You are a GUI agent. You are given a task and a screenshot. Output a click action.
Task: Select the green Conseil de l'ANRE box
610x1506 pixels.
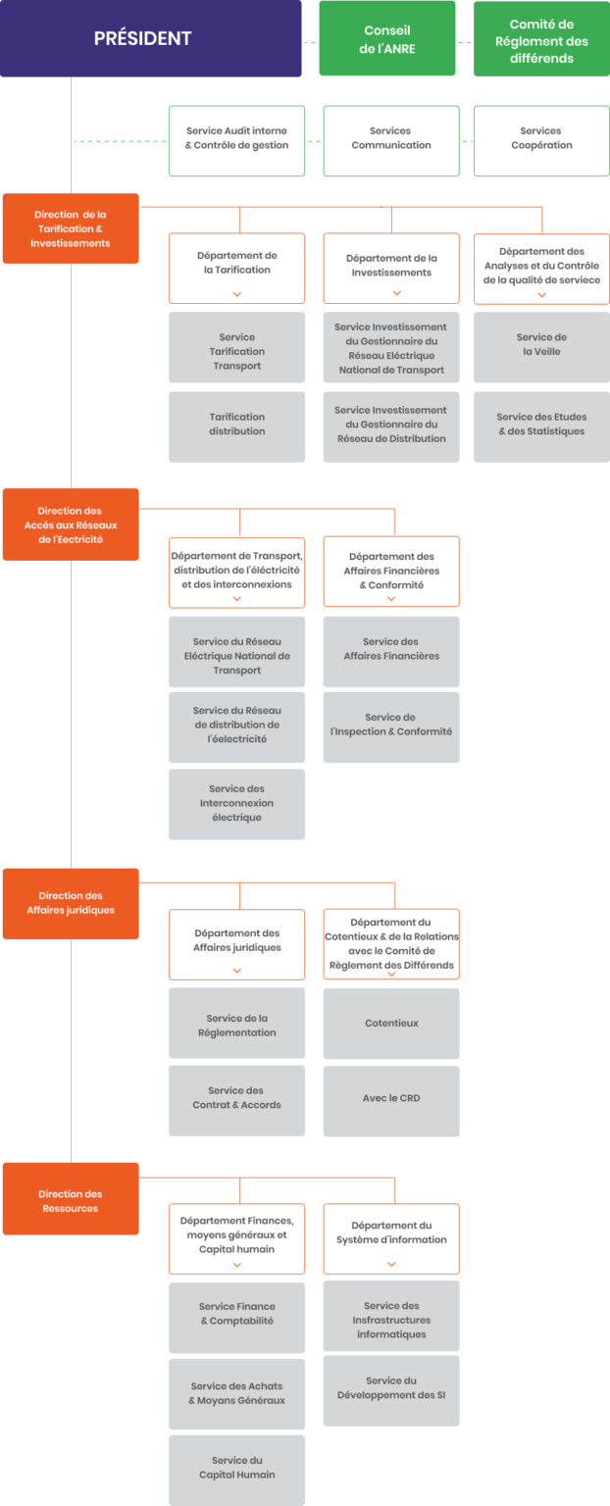point(387,38)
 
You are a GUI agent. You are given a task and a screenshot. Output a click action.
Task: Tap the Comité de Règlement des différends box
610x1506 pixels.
point(541,39)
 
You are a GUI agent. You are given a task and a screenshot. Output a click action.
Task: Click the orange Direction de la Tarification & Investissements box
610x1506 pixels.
point(71,229)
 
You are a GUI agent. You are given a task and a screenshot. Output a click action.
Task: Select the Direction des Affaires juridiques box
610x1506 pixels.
point(71,903)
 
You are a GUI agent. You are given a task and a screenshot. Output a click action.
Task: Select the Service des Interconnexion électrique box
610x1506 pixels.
point(237,804)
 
